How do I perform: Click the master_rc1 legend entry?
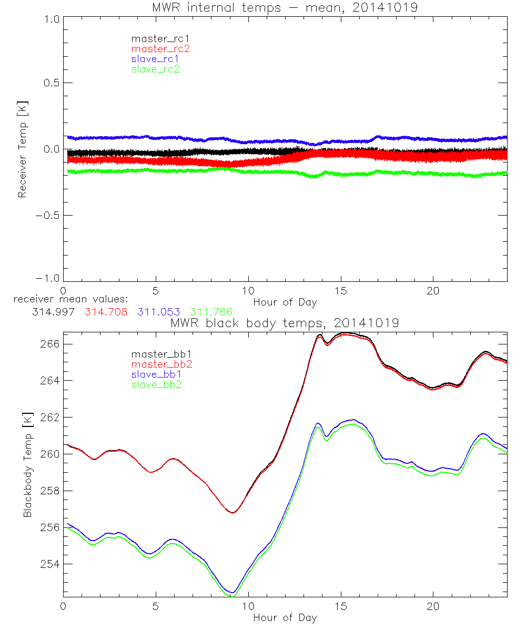pyautogui.click(x=155, y=38)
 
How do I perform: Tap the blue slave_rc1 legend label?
pyautogui.click(x=155, y=59)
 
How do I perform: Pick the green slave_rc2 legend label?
pyautogui.click(x=155, y=69)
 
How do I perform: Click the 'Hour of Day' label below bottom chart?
pyautogui.click(x=285, y=618)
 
